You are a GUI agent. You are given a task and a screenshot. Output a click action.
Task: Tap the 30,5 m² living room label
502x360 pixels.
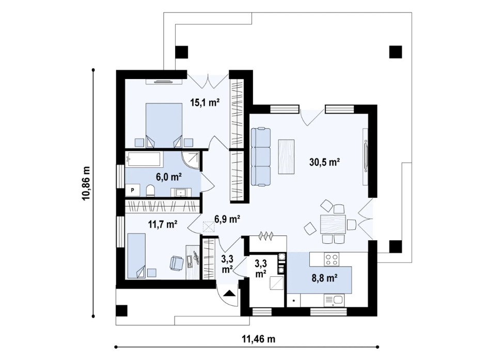[x=324, y=162]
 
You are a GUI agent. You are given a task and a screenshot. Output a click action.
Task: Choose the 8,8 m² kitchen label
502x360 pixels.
[x=325, y=278]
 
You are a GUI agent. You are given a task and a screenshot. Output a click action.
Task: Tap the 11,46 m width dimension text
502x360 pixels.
[x=258, y=339]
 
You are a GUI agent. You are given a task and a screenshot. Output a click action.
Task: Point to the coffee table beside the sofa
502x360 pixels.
[x=286, y=156]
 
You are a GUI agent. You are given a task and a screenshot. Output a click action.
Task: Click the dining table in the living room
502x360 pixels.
[x=333, y=225]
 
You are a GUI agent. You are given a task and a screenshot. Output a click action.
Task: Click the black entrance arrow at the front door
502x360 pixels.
[x=229, y=294]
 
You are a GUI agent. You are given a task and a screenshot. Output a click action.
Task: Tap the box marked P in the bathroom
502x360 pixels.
[x=133, y=191]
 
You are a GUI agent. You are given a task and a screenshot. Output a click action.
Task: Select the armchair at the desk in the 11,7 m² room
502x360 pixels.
[x=176, y=263]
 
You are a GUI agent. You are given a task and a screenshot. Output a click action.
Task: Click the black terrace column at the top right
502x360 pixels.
[x=395, y=51]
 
